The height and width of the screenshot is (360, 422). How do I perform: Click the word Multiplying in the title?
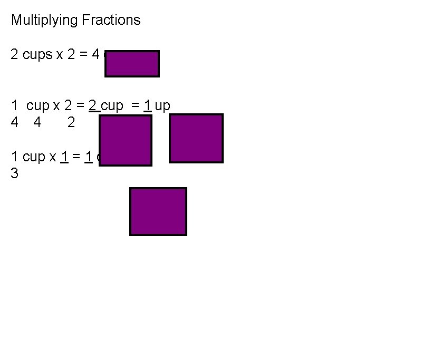44,21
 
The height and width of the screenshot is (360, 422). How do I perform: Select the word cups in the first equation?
38,55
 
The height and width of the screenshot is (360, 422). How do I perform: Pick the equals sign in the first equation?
84,55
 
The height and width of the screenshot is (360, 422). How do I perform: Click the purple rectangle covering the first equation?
132,64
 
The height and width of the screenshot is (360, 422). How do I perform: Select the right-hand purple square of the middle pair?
196,138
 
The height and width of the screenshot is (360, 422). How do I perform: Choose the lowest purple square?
158,211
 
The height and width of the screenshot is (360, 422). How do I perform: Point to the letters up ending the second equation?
162,106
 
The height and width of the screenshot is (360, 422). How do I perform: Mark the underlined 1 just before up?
148,105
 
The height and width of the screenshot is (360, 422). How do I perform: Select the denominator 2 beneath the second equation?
71,123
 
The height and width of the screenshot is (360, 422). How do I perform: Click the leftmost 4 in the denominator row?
15,123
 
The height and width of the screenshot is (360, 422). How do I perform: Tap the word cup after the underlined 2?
111,106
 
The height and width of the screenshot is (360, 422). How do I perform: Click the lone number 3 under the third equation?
15,173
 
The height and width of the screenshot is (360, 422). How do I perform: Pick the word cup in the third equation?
34,157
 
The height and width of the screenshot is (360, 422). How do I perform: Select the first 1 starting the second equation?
15,105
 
